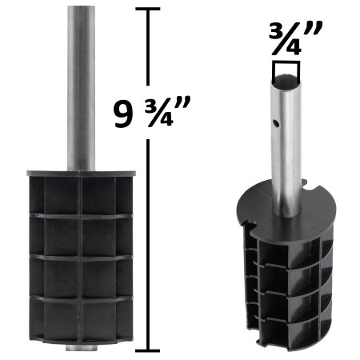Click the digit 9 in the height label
tap(122, 117)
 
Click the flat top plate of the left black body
tap(80, 173)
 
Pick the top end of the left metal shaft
tap(80, 8)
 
